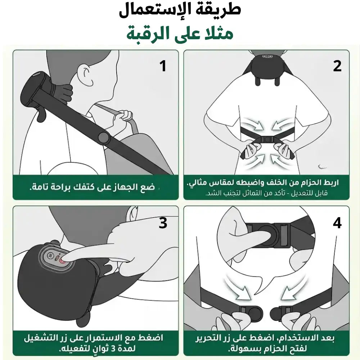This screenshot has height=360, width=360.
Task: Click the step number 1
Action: pos(163,66)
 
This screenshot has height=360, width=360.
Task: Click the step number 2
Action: pos(337,66)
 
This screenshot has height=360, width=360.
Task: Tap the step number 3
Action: pos(163,223)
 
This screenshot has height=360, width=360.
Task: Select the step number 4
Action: pos(337,223)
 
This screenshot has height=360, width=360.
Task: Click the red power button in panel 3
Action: pos(62,261)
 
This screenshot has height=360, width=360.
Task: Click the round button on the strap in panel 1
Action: pos(103,138)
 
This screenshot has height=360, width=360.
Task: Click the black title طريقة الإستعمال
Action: pos(180,10)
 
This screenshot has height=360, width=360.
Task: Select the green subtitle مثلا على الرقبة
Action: pos(180,33)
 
